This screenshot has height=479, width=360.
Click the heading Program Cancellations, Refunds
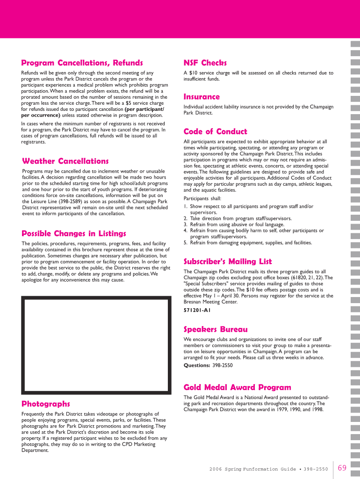pyautogui.click(x=82, y=63)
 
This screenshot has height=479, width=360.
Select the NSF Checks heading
pyautogui.click(x=205, y=63)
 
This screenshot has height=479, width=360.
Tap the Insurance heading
pyautogui.click(x=202, y=97)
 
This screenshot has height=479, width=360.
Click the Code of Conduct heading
pyautogui.click(x=215, y=131)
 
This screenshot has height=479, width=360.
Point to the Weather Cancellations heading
pyautogui.click(x=65, y=161)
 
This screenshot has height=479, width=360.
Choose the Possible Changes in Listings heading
pyautogui.click(x=74, y=233)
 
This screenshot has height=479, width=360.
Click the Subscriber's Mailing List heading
pyautogui.click(x=228, y=261)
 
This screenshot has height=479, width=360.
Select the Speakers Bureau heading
pyautogui.click(x=216, y=329)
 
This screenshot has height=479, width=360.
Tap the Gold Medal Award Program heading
pyautogui.click(x=237, y=387)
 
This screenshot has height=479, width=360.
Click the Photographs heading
pyautogui.click(x=46, y=404)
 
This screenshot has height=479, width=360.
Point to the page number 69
pyautogui.click(x=342, y=468)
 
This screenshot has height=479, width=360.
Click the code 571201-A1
pyautogui.click(x=197, y=310)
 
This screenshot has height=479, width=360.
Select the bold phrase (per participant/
pyautogui.click(x=144, y=109)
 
